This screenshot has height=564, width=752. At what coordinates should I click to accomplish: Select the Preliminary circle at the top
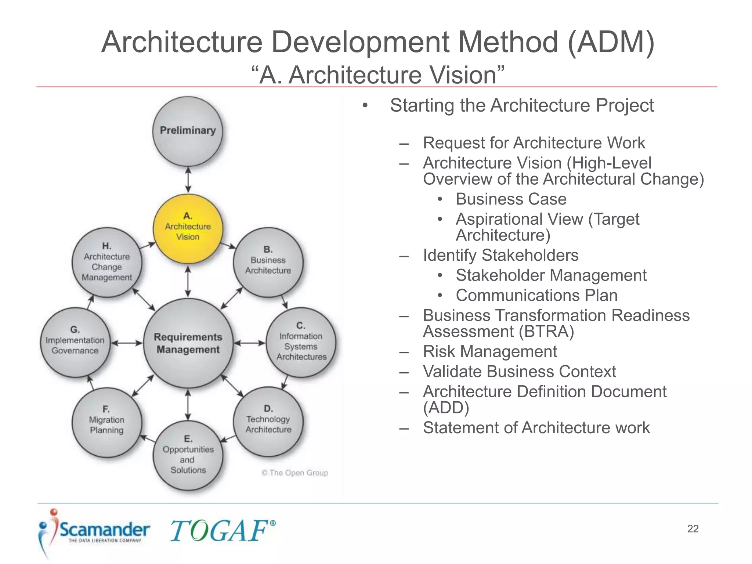(x=188, y=131)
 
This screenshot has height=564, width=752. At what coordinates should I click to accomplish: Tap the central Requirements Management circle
(x=188, y=343)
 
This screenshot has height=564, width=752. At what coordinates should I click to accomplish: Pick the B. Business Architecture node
(x=268, y=262)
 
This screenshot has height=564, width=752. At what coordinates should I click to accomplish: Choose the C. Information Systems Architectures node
(x=301, y=342)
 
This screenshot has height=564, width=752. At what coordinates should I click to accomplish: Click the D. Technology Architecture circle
(x=268, y=421)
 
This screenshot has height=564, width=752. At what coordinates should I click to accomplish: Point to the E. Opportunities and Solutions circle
(x=188, y=455)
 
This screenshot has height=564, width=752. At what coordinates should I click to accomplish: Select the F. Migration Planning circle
(x=107, y=422)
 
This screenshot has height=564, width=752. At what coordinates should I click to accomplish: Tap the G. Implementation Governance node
(x=75, y=342)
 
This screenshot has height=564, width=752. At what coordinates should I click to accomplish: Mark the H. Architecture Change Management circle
(x=107, y=262)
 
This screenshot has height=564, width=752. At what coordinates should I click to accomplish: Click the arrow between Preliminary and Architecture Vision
(x=188, y=180)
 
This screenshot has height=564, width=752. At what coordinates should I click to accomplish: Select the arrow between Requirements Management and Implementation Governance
(x=127, y=343)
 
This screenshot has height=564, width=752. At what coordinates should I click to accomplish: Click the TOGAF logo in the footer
(x=223, y=531)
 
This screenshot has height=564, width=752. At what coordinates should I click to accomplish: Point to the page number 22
(x=693, y=529)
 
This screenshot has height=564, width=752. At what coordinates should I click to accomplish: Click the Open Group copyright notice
(x=295, y=473)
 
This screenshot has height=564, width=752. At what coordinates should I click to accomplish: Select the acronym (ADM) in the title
(x=611, y=42)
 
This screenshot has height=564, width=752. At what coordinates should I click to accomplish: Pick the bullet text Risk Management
(x=490, y=351)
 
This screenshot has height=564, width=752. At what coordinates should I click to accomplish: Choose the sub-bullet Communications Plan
(x=536, y=295)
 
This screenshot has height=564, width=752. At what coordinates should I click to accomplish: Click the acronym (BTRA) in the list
(x=546, y=332)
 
